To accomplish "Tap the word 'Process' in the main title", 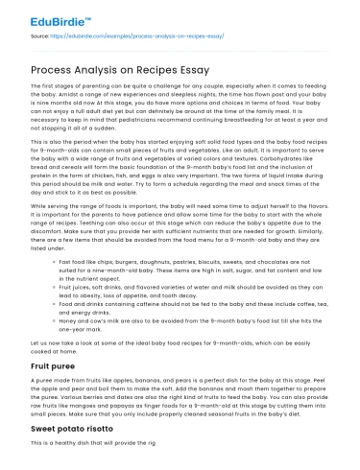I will tap(59, 72).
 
